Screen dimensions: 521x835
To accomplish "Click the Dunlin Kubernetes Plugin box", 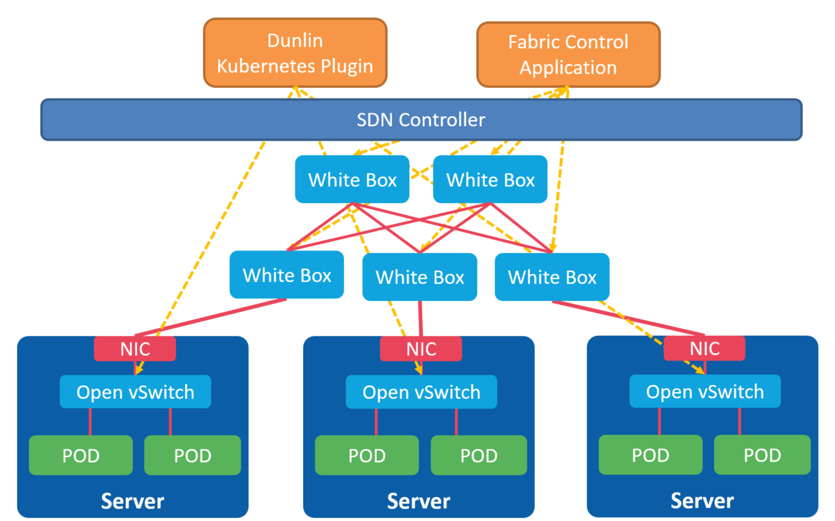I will click(x=295, y=53).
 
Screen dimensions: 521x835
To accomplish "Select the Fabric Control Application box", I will click(x=568, y=55).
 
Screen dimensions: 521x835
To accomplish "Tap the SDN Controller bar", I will click(x=421, y=120).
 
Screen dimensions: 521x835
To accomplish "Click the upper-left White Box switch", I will click(x=352, y=179).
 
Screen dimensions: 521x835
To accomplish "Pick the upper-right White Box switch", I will click(x=490, y=179).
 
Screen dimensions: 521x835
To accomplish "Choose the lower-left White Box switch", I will click(x=286, y=275).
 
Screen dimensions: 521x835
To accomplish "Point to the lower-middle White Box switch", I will click(x=420, y=277).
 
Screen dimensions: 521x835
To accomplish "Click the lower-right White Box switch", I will click(x=552, y=277).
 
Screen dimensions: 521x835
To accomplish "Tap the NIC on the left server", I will click(x=135, y=349).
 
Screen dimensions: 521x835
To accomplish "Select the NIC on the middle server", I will click(x=421, y=349).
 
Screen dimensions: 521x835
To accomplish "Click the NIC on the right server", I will click(x=705, y=348).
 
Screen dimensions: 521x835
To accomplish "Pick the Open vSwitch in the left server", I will click(x=135, y=392).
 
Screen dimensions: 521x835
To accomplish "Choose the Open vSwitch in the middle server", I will click(x=421, y=392).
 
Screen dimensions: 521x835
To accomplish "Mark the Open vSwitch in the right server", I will click(x=705, y=391).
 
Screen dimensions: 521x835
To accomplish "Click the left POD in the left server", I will click(x=81, y=455).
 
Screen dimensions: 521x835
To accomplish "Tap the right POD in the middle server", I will click(x=479, y=455).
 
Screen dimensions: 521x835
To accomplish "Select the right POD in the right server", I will click(x=762, y=455).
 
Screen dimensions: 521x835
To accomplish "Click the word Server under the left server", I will click(x=132, y=501).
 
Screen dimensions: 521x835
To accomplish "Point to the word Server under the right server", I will click(x=702, y=500).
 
